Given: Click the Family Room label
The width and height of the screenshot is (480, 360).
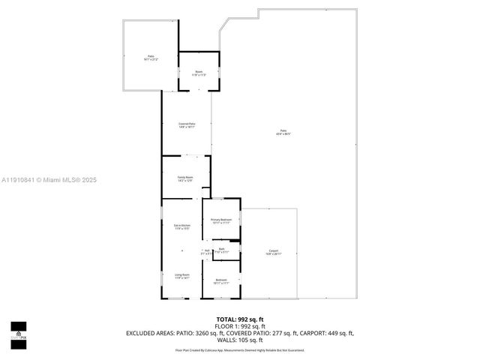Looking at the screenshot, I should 185,178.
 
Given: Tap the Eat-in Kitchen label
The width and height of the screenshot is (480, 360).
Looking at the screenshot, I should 182,226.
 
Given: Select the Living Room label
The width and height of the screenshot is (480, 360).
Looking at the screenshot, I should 182,276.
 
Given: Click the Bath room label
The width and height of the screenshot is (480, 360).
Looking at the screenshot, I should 221,250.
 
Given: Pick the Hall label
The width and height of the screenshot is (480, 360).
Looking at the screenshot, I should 206,252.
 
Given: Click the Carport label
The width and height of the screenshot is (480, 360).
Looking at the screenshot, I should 273,252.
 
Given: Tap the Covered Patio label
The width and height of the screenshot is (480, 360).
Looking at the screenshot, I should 187,124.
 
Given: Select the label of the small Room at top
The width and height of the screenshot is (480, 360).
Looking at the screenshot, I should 199,73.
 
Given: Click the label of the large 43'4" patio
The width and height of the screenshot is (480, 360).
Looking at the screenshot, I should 283,132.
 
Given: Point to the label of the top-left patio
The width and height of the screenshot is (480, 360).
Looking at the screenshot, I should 151,58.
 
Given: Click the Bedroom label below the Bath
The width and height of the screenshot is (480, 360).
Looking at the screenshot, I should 221,281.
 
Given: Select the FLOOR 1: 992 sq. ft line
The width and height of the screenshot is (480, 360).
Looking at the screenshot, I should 240,326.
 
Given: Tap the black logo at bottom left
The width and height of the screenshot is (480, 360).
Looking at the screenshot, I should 18,331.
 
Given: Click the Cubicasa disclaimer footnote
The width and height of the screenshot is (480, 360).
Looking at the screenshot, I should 240,349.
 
